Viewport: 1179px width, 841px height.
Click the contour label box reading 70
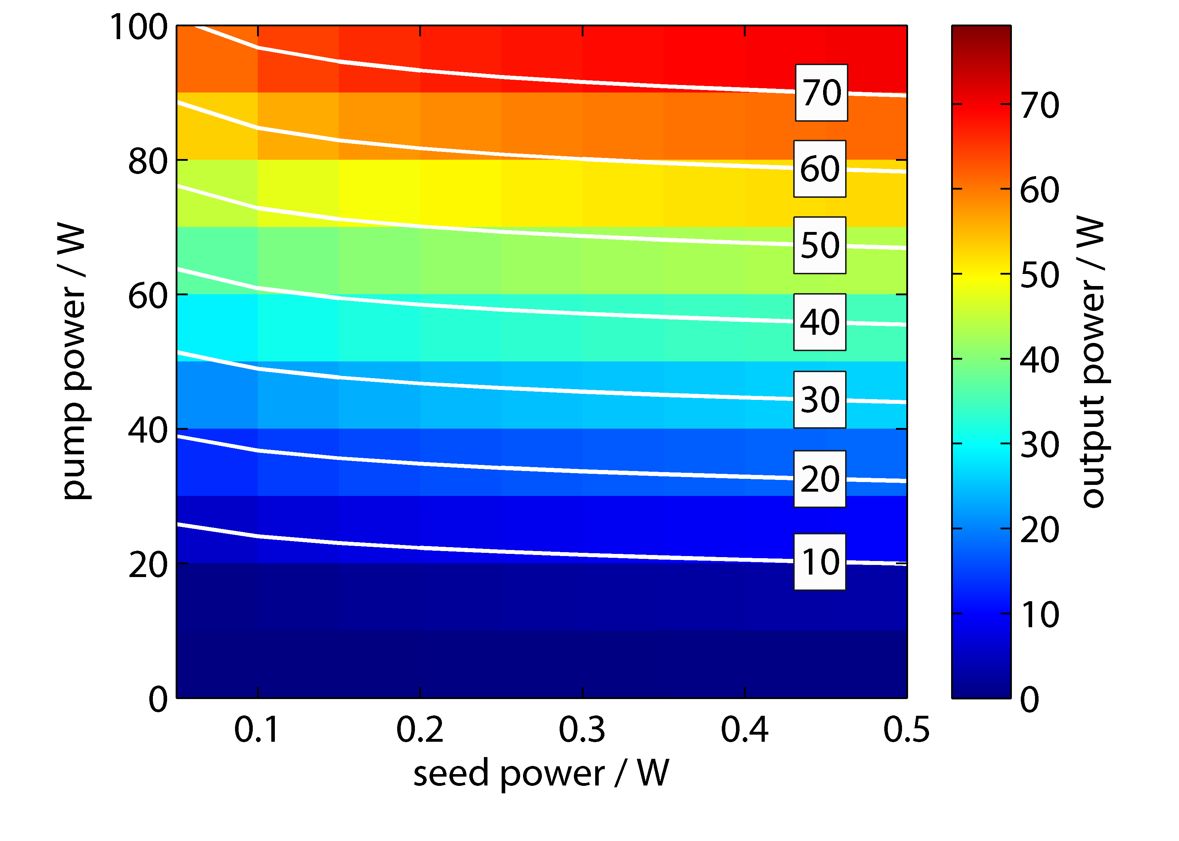tap(821, 93)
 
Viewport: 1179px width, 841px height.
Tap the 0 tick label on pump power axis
tap(158, 699)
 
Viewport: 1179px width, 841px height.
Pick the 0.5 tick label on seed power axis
tap(906, 730)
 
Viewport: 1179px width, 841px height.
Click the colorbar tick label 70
tap(1039, 105)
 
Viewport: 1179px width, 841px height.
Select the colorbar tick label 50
tap(1039, 275)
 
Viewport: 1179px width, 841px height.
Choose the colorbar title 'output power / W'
tap(1093, 361)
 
